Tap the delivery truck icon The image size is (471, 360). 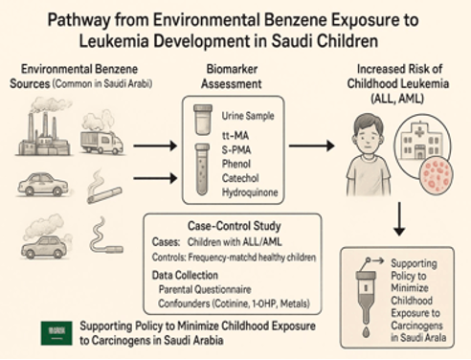[102, 142]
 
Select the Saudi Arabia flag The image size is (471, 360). [55, 331]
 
